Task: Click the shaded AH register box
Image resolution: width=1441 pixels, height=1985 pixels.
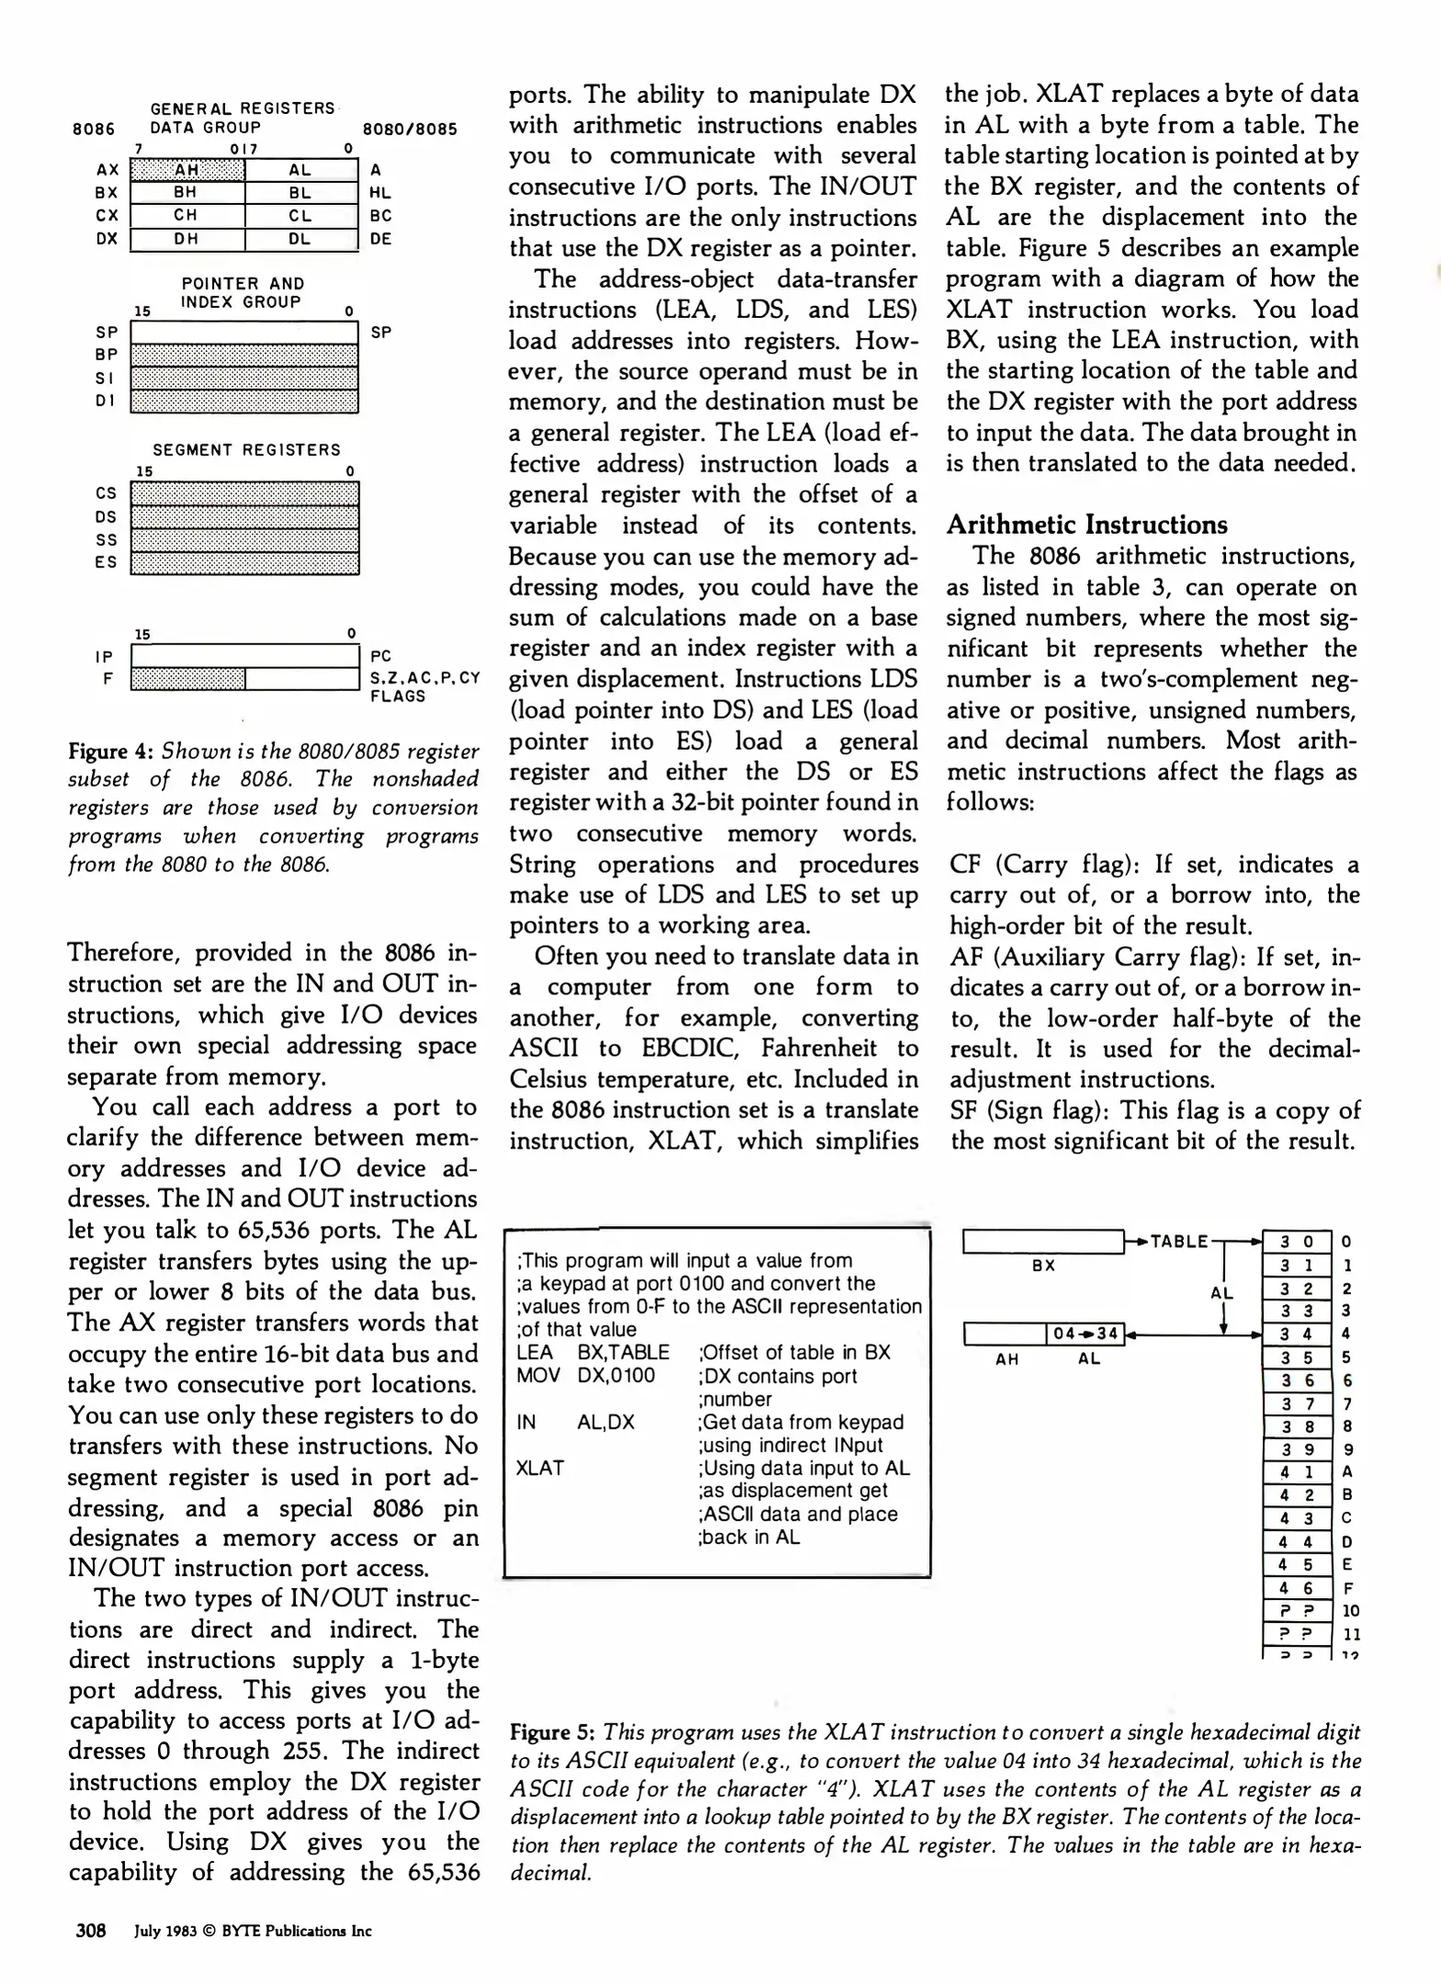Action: pos(187,170)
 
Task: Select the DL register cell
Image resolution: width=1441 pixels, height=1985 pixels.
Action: pos(301,239)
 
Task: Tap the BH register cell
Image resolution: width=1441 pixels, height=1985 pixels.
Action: pos(187,193)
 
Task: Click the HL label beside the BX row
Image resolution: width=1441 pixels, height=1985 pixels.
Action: pos(380,193)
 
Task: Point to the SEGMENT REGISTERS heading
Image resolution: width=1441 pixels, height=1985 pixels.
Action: pos(246,449)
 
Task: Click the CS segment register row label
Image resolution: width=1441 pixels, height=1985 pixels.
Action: pos(107,493)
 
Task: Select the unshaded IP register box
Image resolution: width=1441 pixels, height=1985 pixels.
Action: pos(244,656)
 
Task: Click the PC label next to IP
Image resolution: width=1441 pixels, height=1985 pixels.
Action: pos(380,656)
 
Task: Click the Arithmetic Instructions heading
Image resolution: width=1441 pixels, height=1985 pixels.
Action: pos(1086,525)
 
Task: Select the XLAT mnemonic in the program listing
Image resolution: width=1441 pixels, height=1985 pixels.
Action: pos(539,1468)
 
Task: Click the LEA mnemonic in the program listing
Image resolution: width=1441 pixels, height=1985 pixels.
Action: pos(535,1352)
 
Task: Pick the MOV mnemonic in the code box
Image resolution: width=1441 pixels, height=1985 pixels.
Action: pos(537,1376)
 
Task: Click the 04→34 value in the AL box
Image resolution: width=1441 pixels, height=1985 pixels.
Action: pos(1085,1333)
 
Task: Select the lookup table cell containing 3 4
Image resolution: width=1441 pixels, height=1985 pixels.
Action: pos(1296,1333)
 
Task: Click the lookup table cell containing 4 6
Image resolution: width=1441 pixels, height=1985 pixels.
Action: pos(1296,1588)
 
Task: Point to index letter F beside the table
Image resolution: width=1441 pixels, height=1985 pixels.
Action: pos(1348,1588)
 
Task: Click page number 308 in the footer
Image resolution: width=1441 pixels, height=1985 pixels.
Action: pos(91,1931)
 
